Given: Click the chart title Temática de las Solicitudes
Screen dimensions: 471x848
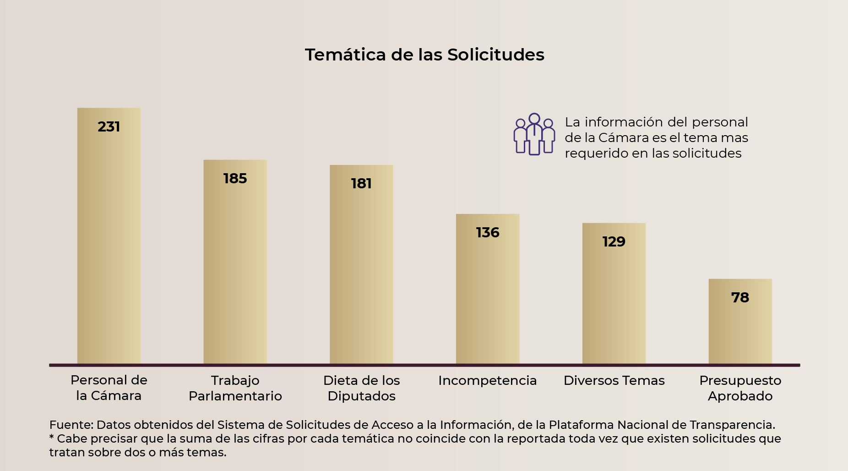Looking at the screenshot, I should [424, 55].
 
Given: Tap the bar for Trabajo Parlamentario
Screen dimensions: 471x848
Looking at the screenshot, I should [235, 270].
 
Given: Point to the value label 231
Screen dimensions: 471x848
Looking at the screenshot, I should [109, 126].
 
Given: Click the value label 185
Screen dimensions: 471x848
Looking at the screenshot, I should [235, 178].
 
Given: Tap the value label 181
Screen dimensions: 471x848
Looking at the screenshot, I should [361, 183].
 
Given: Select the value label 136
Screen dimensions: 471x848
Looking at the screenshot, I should [488, 232].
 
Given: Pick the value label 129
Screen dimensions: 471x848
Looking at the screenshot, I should [614, 241].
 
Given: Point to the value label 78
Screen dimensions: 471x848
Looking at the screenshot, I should [740, 297].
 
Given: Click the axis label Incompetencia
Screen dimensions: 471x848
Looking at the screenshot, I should [487, 380].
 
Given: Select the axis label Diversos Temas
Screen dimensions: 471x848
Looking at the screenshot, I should [614, 380].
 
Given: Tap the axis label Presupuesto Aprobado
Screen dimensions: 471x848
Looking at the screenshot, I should [740, 388].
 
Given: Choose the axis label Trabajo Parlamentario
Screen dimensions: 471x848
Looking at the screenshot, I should [235, 388].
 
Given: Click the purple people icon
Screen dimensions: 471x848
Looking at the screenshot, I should [534, 134].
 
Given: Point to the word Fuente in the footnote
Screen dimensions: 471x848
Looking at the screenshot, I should [71, 425].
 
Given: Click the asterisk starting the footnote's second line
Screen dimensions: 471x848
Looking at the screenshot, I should [52, 438].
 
